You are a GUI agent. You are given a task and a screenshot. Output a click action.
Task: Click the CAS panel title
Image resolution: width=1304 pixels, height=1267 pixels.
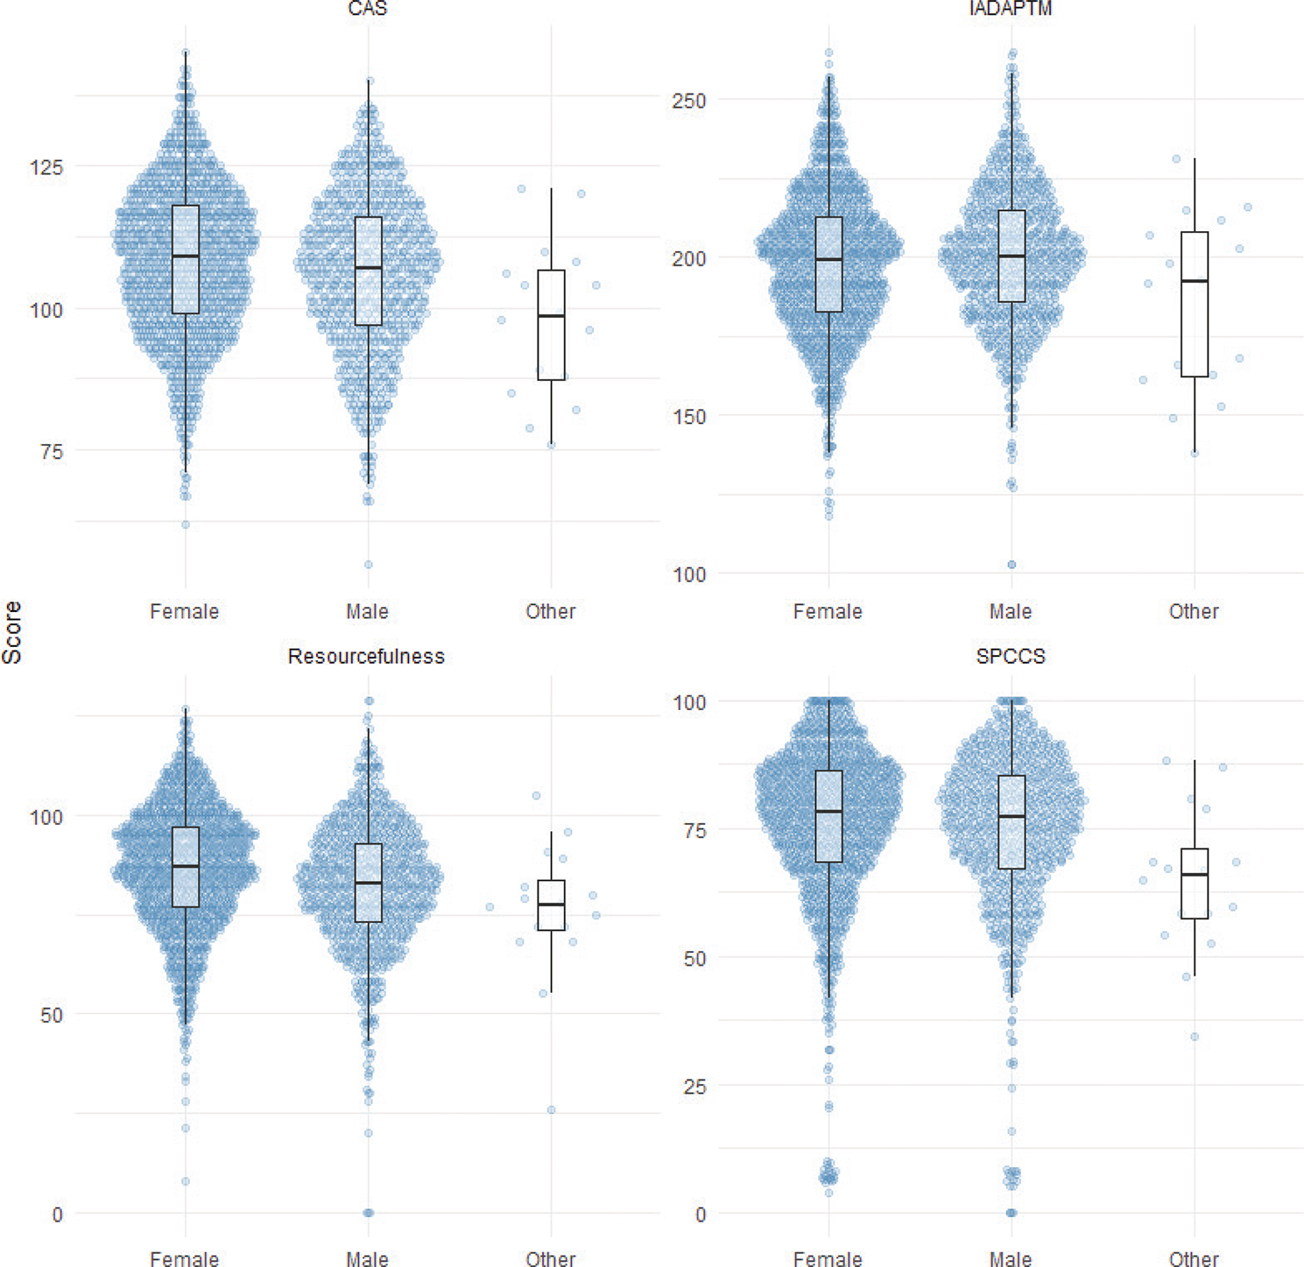(367, 9)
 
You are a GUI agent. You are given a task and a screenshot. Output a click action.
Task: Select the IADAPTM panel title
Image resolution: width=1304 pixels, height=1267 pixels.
(1011, 9)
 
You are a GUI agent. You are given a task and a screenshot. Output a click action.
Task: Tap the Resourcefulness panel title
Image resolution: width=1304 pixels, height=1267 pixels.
(366, 657)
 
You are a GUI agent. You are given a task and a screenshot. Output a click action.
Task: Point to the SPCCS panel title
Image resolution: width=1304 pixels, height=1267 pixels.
(1011, 657)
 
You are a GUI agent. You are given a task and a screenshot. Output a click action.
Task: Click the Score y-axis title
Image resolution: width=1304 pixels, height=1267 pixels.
(12, 632)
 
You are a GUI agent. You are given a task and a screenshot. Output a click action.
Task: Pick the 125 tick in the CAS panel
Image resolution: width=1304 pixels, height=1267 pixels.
(46, 166)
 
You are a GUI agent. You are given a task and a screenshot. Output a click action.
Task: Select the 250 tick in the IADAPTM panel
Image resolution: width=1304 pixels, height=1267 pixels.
(688, 101)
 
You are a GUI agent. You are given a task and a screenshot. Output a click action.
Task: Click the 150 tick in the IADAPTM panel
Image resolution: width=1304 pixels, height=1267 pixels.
(688, 417)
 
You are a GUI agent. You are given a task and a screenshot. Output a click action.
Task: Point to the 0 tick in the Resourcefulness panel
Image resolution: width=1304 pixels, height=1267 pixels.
(57, 1214)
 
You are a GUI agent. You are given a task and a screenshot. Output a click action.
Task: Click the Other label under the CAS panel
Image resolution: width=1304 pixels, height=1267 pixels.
(551, 611)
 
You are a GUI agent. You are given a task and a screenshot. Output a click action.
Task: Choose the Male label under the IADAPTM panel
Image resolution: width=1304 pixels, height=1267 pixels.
(1011, 611)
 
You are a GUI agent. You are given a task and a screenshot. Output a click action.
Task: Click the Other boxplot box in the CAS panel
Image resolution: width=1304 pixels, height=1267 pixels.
(551, 325)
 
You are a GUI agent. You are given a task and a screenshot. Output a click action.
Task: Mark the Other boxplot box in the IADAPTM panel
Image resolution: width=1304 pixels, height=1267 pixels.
(1195, 304)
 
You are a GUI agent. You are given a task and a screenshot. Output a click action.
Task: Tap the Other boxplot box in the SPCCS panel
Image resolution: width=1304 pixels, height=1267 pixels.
(1195, 883)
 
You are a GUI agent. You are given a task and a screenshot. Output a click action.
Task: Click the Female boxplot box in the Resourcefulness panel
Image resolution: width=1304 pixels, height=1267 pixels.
(186, 867)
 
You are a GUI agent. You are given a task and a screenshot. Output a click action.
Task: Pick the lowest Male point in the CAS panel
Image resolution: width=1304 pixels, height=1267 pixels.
(369, 565)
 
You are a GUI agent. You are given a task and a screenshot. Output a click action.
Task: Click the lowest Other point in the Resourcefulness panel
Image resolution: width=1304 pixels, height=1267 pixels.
(552, 1110)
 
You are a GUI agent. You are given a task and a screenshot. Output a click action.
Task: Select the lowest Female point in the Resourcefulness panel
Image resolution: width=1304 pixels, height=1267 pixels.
(186, 1181)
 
